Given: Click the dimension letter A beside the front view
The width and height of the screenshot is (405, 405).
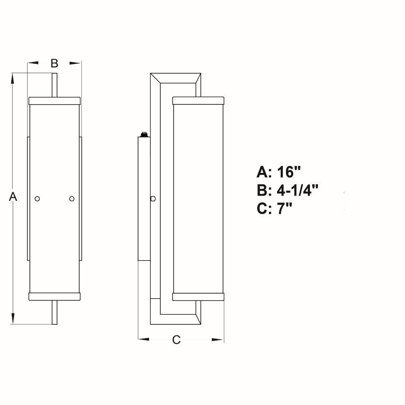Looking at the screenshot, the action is click(13, 196).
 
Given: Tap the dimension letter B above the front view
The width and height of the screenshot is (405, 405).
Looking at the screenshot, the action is click(54, 63).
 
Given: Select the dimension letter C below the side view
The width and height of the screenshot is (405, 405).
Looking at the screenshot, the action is click(177, 340).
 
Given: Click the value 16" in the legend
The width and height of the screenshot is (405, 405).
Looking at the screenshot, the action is click(289, 172).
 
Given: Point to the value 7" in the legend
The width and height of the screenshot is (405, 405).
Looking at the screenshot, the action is click(284, 209).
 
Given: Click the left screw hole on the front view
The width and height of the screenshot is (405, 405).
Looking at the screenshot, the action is click(37, 198).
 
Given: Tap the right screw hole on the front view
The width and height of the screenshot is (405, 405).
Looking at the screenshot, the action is click(72, 198).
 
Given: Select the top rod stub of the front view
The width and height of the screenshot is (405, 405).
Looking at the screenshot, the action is click(55, 85).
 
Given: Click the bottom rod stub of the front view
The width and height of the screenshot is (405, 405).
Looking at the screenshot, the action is click(55, 312).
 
